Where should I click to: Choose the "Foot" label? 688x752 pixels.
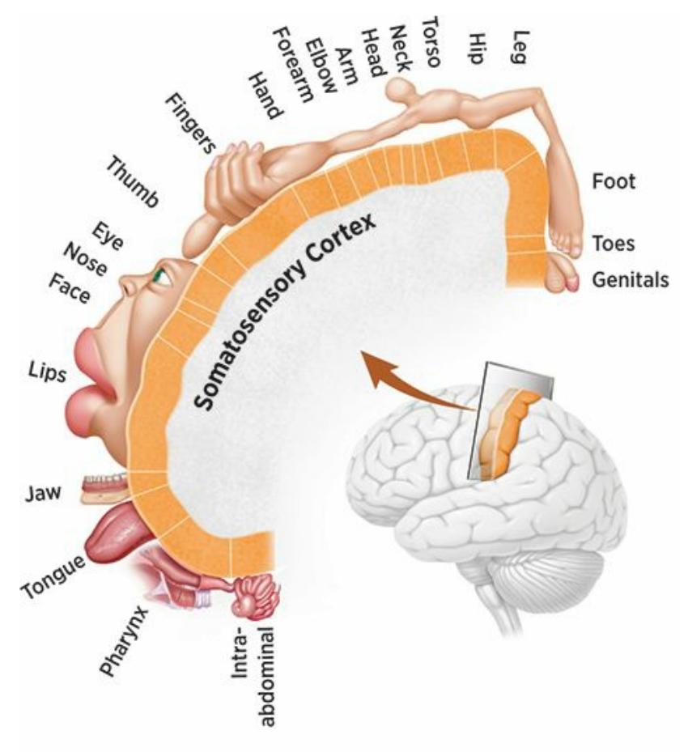[x=614, y=181]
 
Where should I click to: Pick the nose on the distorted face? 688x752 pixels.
[x=129, y=283]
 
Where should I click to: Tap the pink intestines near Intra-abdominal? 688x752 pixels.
[x=258, y=595]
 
